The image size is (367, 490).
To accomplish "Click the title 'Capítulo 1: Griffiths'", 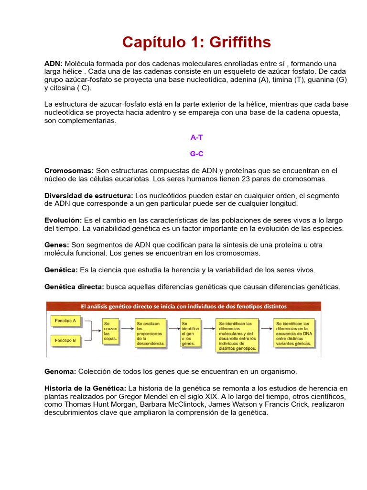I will [x=196, y=43].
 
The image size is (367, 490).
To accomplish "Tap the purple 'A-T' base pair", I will [x=196, y=137].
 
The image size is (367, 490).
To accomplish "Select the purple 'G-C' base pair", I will [x=196, y=154].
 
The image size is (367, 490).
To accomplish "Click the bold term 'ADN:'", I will [x=54, y=64].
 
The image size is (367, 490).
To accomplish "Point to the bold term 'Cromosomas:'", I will [x=69, y=171].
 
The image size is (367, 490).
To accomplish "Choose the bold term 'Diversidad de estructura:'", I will [x=88, y=196].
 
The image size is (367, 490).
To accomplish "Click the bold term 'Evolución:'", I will [x=63, y=221].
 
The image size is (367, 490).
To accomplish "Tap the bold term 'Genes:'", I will [x=56, y=245].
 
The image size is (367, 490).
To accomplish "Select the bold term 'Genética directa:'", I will [x=74, y=287].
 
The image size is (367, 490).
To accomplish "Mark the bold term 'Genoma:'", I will [x=60, y=371].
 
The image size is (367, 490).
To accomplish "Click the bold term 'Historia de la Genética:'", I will [x=85, y=388].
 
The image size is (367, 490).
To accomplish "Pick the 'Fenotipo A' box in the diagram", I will [x=66, y=321].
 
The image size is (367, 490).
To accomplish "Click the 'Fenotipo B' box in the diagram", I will [x=66, y=341].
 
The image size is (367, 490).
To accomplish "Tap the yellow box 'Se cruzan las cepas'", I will [x=111, y=331].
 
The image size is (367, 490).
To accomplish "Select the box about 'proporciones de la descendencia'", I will [x=151, y=333].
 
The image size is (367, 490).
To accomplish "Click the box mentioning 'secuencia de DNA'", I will [x=293, y=333].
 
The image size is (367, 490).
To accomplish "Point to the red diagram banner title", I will [x=183, y=306].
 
